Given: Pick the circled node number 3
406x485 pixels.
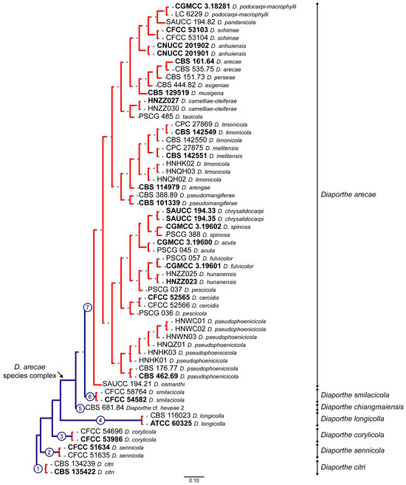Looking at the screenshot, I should point(63,436).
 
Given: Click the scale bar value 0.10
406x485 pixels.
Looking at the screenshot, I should point(195,481).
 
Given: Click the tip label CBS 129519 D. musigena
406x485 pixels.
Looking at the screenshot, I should point(185,92).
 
